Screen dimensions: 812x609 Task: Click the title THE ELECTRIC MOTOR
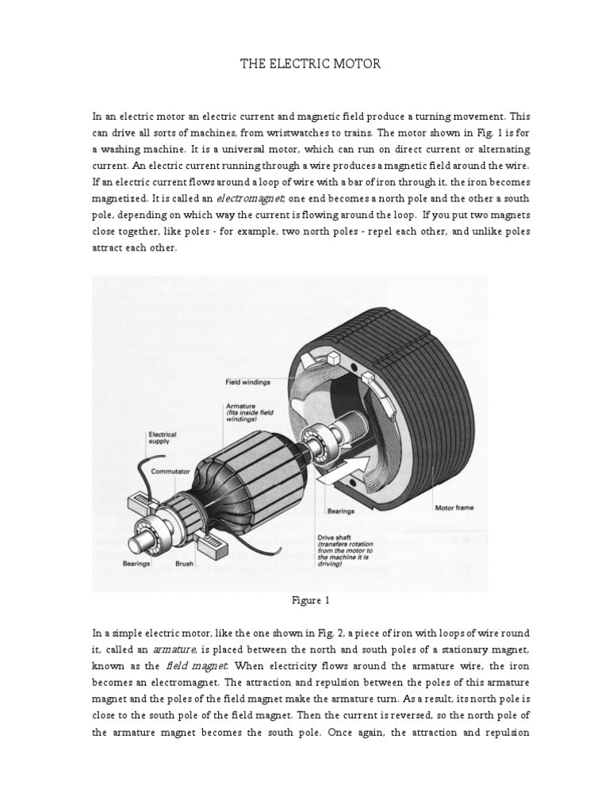click(x=311, y=63)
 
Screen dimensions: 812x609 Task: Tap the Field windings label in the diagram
click(x=247, y=381)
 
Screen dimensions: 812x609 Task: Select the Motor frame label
click(x=454, y=507)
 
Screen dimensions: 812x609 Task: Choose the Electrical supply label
click(x=163, y=438)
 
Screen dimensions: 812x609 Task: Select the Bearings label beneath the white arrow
click(x=341, y=511)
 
